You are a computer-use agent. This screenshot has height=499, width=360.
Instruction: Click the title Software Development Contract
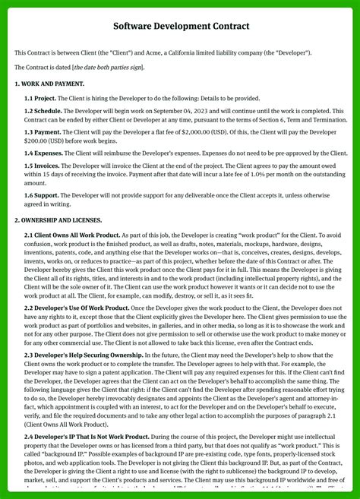tap(180, 27)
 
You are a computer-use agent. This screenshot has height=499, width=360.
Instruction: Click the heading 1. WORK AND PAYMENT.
tap(49, 83)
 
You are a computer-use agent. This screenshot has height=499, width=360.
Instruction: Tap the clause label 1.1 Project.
tap(39, 98)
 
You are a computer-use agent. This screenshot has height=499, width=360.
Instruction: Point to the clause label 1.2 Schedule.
tap(43, 111)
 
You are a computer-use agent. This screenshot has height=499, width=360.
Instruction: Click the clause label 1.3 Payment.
tap(43, 132)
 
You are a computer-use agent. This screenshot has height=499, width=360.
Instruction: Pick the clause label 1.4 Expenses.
tap(43, 153)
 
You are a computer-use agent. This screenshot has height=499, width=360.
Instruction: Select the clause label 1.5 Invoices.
tap(43, 166)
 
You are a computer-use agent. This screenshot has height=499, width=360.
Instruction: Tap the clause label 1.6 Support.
tap(42, 196)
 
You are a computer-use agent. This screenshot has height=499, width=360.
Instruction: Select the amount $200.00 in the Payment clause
tap(40, 141)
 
